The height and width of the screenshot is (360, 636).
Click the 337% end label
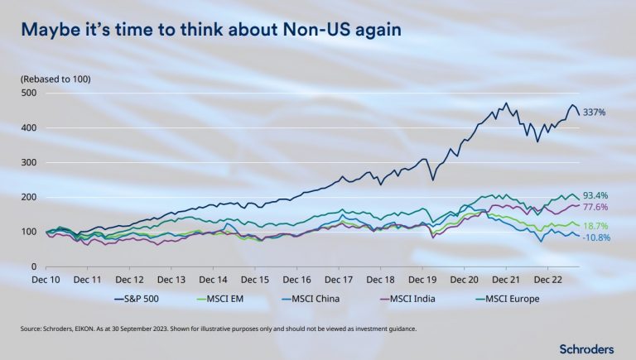click(x=595, y=112)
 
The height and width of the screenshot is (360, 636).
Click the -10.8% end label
click(x=596, y=238)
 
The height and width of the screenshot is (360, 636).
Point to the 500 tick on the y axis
click(x=30, y=93)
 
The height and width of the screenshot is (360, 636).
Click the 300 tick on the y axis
click(x=30, y=162)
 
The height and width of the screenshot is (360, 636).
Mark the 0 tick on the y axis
click(x=35, y=266)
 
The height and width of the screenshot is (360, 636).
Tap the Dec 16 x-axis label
click(x=296, y=280)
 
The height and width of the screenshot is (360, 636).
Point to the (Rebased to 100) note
click(x=55, y=79)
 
